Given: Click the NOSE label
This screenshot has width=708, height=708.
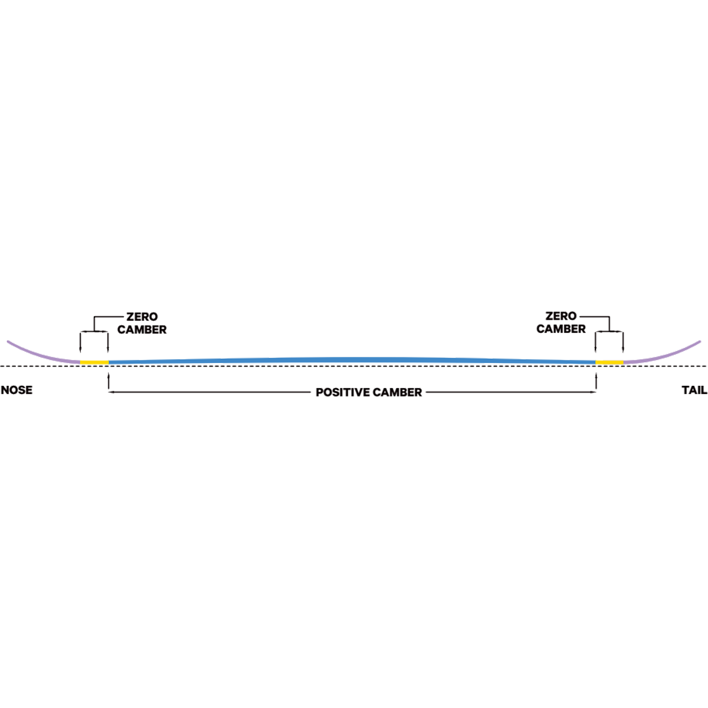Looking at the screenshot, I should [x=16, y=391].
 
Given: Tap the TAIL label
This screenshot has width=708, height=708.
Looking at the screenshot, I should [x=694, y=391].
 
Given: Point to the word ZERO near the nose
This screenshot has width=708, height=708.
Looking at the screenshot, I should [x=142, y=317].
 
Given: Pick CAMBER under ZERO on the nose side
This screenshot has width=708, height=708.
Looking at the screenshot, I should [x=142, y=329].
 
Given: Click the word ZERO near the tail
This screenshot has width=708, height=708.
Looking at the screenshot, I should [x=560, y=317].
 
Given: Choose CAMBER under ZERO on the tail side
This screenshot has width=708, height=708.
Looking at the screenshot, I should [x=560, y=329].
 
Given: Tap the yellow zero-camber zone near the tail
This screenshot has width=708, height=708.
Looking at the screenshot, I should [x=608, y=358].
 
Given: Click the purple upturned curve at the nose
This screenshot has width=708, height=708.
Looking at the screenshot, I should [x=41, y=352].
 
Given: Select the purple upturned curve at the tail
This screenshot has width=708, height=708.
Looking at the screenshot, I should [x=667, y=352].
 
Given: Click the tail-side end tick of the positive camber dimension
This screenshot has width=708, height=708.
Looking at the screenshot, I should [x=594, y=392].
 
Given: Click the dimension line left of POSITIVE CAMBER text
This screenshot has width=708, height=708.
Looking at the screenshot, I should [x=212, y=392].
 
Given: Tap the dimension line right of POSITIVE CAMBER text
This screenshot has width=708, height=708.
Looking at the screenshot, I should [x=507, y=392].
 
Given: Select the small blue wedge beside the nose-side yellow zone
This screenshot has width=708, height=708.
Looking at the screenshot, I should [x=123, y=355].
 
